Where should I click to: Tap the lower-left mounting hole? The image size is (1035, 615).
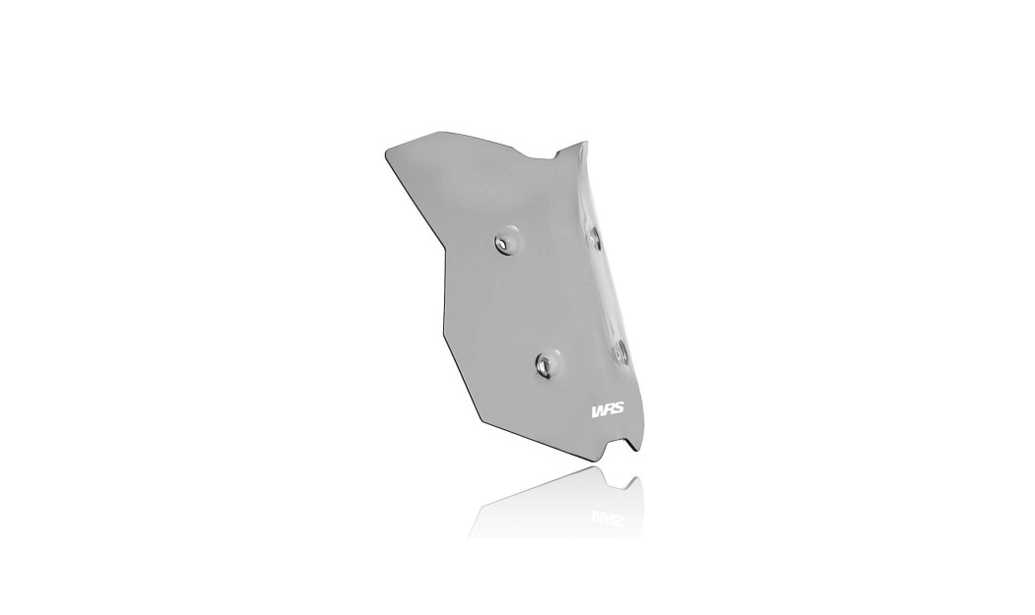pos(545,364)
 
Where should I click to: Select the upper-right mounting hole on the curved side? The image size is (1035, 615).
pos(595,235)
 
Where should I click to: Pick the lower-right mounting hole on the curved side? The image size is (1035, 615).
pos(619,351)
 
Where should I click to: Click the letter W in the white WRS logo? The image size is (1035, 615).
pos(598,410)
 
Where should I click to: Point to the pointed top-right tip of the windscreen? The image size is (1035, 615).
pos(584,142)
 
